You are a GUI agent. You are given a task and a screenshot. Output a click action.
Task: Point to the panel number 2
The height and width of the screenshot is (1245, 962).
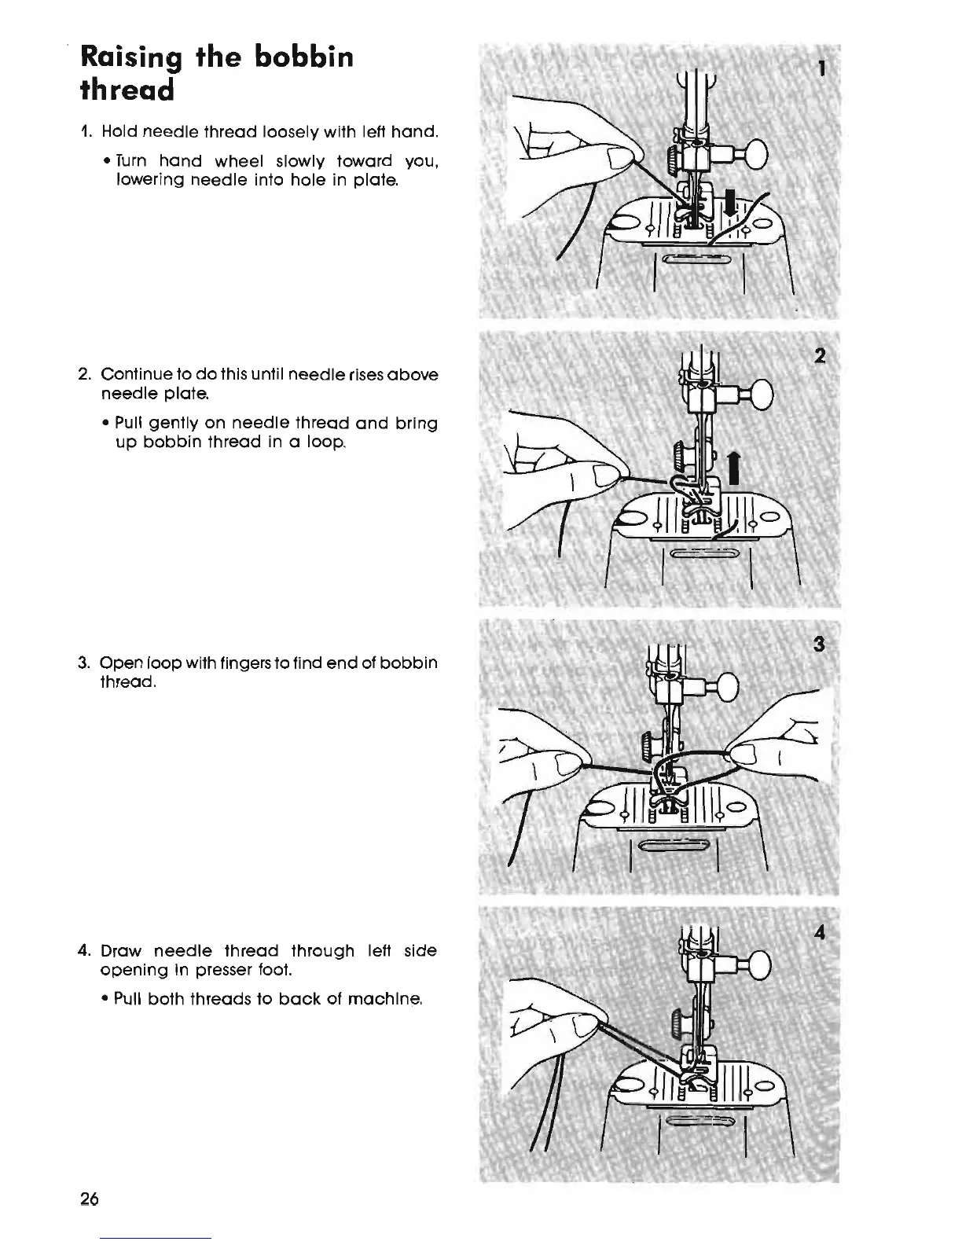819,356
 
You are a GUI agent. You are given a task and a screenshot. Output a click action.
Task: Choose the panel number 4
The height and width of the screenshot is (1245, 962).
820,933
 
